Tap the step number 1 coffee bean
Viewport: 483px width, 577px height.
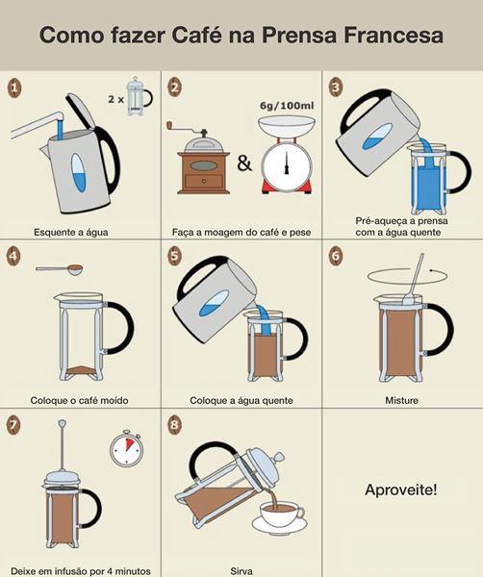pos(14,88)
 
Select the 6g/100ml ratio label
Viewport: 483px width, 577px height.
pos(287,106)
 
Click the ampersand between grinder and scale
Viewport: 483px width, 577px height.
pos(244,163)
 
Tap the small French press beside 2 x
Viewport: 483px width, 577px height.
pos(139,96)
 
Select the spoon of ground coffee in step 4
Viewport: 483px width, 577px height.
pos(60,269)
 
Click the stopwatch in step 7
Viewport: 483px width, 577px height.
pos(126,448)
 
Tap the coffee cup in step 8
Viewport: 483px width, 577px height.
pos(281,514)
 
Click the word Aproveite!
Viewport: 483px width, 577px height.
pos(401,489)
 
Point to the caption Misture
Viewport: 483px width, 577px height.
pos(401,400)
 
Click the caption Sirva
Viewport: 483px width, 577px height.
pos(241,570)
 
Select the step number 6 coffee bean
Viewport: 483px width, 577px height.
pos(336,256)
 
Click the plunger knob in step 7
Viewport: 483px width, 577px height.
pos(63,423)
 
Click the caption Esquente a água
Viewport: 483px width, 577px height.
pos(71,232)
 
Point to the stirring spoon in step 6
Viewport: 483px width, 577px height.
pos(413,279)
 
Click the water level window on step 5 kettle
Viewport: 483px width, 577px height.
pos(214,303)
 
